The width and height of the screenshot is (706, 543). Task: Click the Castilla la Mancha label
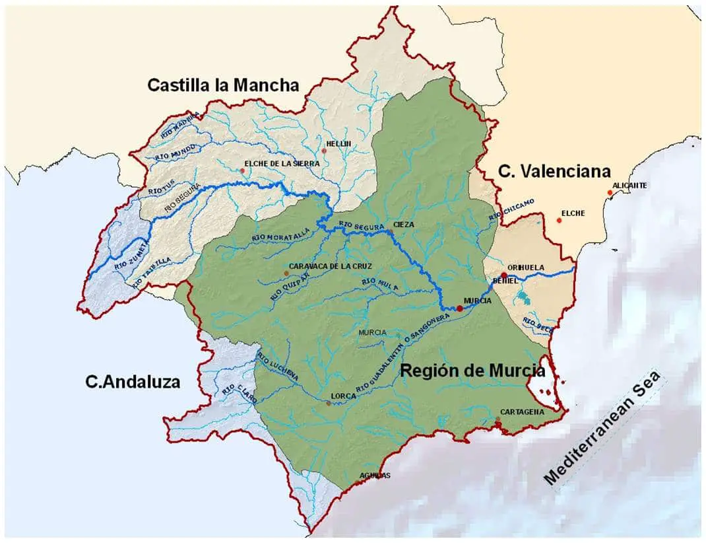tap(223, 85)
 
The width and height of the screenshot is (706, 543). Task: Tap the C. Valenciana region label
tap(554, 172)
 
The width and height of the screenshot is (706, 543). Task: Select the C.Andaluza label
tap(133, 382)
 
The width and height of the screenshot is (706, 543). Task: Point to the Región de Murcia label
tap(472, 371)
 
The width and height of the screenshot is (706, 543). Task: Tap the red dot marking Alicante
tap(610, 193)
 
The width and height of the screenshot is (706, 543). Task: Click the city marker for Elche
tap(560, 220)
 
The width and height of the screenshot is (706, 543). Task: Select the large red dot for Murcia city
tap(459, 308)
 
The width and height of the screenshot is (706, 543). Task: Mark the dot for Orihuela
tap(503, 275)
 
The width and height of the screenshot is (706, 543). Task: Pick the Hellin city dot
tap(324, 151)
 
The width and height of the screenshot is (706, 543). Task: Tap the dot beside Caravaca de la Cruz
tap(286, 273)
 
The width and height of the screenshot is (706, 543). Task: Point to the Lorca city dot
tap(328, 402)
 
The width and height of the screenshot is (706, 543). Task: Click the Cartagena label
tap(522, 412)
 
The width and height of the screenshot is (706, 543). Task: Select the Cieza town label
tap(404, 225)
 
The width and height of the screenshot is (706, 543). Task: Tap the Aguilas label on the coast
tap(375, 476)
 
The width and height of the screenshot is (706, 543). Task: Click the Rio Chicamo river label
tap(511, 208)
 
